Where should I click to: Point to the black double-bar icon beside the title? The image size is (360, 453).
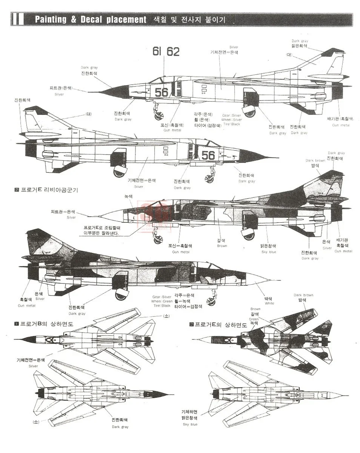[x=18, y=19]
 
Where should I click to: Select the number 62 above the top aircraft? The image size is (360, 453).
[x=173, y=52]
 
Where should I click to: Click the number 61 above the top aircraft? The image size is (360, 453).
[x=157, y=52]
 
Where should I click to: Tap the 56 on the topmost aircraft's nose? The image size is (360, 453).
[x=162, y=92]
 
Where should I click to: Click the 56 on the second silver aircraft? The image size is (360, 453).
[x=208, y=155]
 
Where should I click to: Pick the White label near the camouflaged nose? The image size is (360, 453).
[x=269, y=303]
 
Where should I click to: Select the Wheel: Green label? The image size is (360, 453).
[x=163, y=301]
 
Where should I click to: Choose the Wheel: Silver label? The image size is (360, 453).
[x=231, y=120]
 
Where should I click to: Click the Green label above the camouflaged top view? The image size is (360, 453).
[x=254, y=319]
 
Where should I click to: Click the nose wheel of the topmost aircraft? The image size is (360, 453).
[x=159, y=116]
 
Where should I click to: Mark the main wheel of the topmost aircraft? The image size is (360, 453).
[x=249, y=112]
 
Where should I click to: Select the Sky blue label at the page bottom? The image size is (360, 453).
[x=191, y=424]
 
